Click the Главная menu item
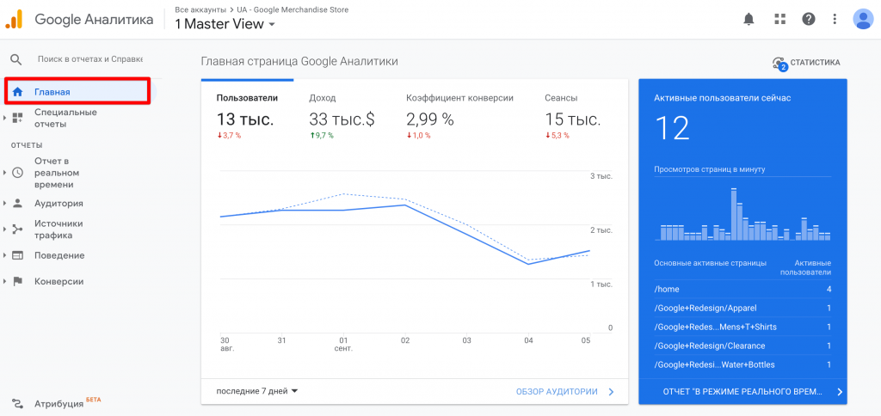52,92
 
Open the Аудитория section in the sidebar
59,204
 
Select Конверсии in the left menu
59,281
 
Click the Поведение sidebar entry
59,255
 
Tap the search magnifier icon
15,59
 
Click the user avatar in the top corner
862,19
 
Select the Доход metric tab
323,98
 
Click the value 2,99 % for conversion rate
430,119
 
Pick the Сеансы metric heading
561,98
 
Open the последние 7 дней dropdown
257,391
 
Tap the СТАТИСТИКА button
806,63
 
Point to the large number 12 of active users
673,128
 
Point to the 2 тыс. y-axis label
601,230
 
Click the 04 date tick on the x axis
528,340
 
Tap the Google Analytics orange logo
15,19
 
